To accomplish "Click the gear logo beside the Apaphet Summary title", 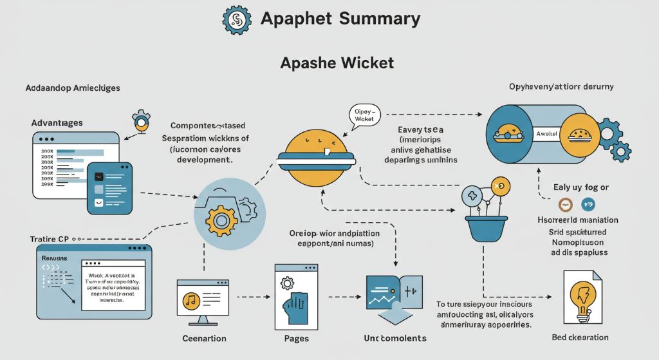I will tap(237, 19).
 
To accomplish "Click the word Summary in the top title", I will tap(379, 18).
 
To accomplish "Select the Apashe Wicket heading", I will tap(337, 63).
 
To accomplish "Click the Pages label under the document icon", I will tap(296, 338).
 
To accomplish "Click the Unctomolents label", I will tap(395, 338).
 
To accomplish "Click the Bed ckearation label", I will tap(580, 337).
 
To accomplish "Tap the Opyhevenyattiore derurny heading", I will tap(561, 87).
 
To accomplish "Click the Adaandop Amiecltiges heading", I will tap(73, 88).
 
